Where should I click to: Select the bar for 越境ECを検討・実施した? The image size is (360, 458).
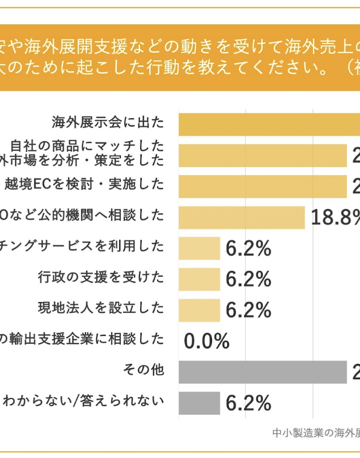pos(262,186)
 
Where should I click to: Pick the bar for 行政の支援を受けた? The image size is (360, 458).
pos(199,279)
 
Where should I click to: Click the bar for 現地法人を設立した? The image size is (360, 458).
pos(199,310)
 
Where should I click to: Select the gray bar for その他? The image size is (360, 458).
pos(262,372)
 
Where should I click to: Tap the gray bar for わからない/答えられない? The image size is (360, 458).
pos(199,403)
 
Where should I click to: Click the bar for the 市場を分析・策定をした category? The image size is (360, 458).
pos(262,155)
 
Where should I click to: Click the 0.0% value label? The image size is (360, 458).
pos(206,341)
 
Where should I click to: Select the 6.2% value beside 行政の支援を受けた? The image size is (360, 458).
pos(249,279)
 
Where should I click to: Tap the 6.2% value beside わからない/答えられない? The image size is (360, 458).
pos(249,403)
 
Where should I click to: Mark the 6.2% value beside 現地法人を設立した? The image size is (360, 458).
pos(249,310)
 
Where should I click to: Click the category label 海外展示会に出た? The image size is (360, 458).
pos(107,122)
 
